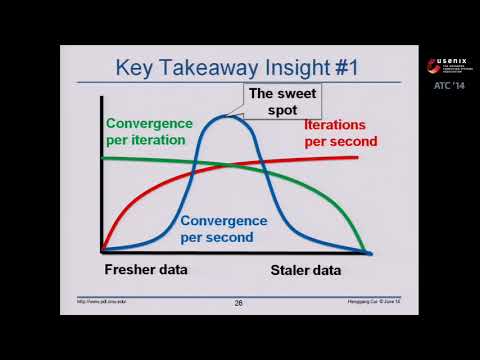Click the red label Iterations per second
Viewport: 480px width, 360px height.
coord(340,134)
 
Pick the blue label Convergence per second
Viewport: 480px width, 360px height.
coord(224,228)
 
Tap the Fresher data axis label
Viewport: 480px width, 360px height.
coord(146,270)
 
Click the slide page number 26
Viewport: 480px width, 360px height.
coord(239,303)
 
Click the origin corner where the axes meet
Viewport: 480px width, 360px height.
coord(103,250)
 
